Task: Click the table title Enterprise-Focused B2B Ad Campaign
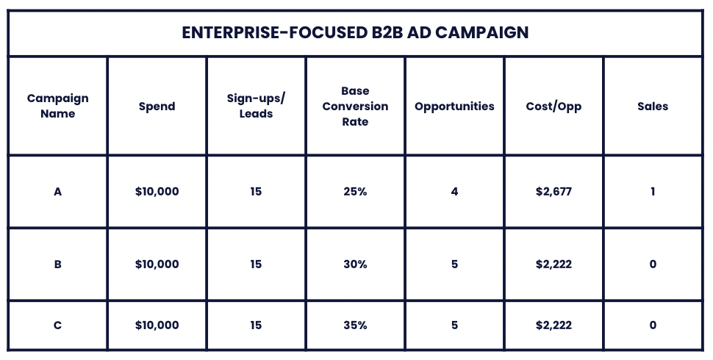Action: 356,34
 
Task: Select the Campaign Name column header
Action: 58,106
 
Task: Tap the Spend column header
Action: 157,106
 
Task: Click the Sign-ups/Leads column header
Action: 256,106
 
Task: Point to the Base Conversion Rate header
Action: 355,106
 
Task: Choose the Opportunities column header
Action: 454,106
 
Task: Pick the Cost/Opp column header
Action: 553,106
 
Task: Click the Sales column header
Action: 653,106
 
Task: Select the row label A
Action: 58,191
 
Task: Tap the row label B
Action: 58,264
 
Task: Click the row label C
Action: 58,325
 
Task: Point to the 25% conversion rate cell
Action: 355,191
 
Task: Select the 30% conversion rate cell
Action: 355,264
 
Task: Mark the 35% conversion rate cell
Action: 355,325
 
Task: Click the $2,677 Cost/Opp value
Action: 553,191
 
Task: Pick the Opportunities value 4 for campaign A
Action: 454,191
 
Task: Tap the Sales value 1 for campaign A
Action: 653,191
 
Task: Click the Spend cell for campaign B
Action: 157,264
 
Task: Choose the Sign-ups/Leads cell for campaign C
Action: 256,325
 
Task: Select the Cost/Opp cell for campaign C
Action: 553,325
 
